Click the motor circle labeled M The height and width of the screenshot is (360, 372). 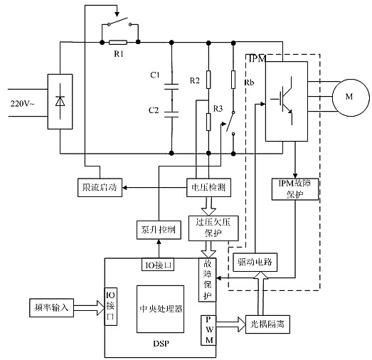(349, 96)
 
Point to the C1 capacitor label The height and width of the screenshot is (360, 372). (155, 75)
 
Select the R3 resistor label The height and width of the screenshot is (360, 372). (218, 108)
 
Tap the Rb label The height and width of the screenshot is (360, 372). (248, 83)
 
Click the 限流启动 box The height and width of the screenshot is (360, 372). (99, 187)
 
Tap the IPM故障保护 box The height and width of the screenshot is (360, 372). (293, 188)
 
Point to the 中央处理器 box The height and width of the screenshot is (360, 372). (162, 309)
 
